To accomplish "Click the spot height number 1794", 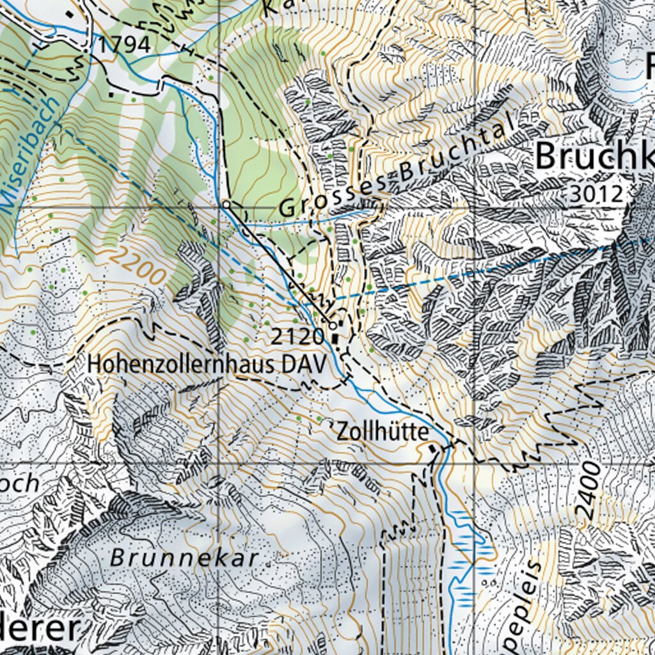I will pyautogui.click(x=124, y=45).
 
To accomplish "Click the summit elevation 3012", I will pyautogui.click(x=596, y=194).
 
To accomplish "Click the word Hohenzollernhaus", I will pyautogui.click(x=183, y=364).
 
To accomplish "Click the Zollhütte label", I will pyautogui.click(x=382, y=432).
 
